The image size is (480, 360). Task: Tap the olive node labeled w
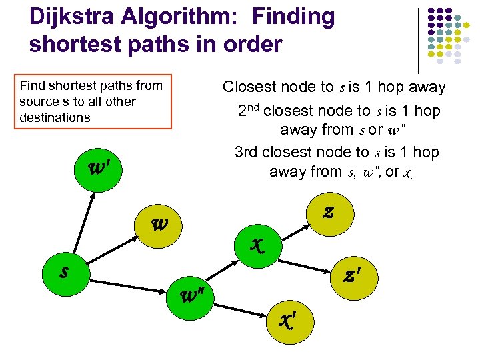click(159, 224)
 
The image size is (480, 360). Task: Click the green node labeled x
click(257, 244)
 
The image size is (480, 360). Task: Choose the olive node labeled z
click(327, 212)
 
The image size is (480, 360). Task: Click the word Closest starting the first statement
click(249, 87)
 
